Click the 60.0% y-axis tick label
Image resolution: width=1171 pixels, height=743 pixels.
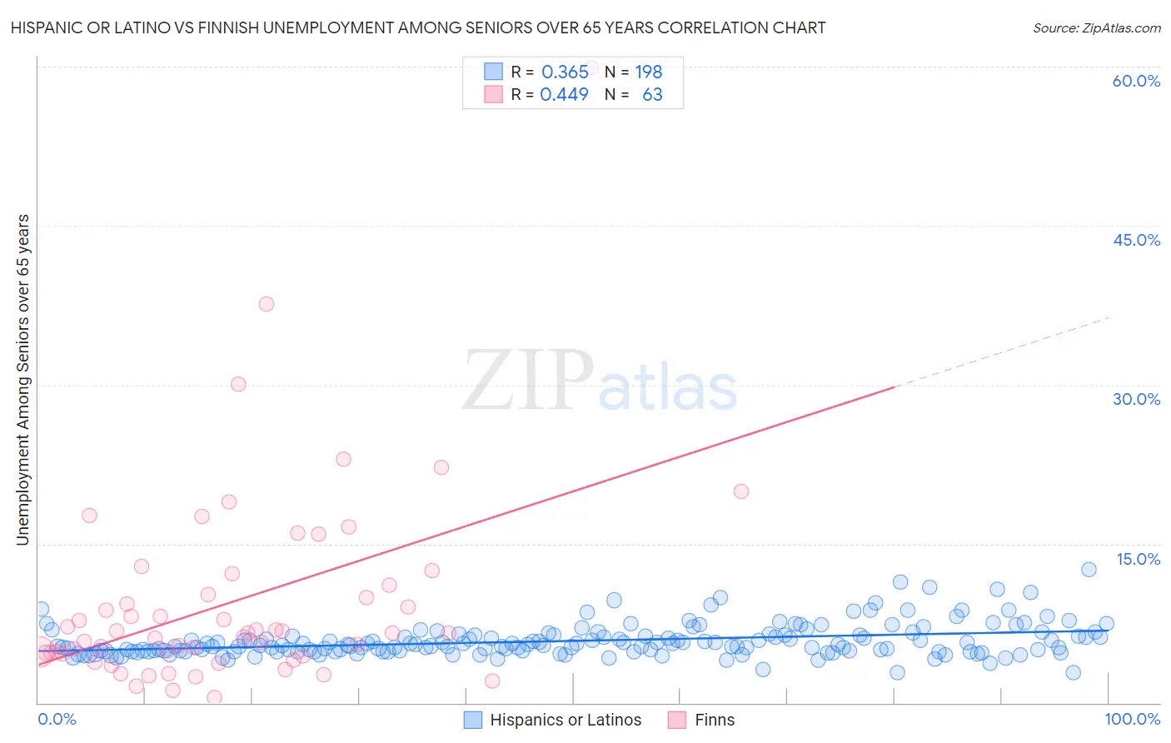1136,81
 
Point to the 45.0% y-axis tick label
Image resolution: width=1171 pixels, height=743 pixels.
1136,240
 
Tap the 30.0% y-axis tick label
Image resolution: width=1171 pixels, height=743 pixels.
1136,399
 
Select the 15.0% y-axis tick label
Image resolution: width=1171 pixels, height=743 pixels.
1137,559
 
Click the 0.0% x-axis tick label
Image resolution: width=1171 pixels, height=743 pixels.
57,720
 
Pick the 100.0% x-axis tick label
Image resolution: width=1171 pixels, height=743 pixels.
1132,720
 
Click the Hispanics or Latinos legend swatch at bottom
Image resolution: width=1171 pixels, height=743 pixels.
473,720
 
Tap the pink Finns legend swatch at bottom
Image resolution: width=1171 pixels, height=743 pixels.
677,720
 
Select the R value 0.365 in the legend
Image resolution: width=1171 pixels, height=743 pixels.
565,72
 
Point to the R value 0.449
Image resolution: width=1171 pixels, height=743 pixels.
565,94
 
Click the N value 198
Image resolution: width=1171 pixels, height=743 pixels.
649,72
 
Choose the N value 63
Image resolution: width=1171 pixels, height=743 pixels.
652,94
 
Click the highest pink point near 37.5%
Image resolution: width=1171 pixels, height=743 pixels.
267,304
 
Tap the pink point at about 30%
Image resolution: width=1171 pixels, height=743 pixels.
238,384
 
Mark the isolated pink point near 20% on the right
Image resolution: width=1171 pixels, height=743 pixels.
741,491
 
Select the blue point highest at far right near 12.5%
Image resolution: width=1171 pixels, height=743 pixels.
1089,570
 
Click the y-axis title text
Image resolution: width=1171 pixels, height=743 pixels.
22,380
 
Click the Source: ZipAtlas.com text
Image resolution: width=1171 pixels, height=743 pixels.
1096,28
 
